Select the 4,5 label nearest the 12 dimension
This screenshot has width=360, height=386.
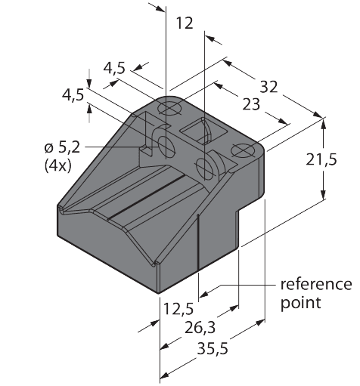[x=115, y=67]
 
